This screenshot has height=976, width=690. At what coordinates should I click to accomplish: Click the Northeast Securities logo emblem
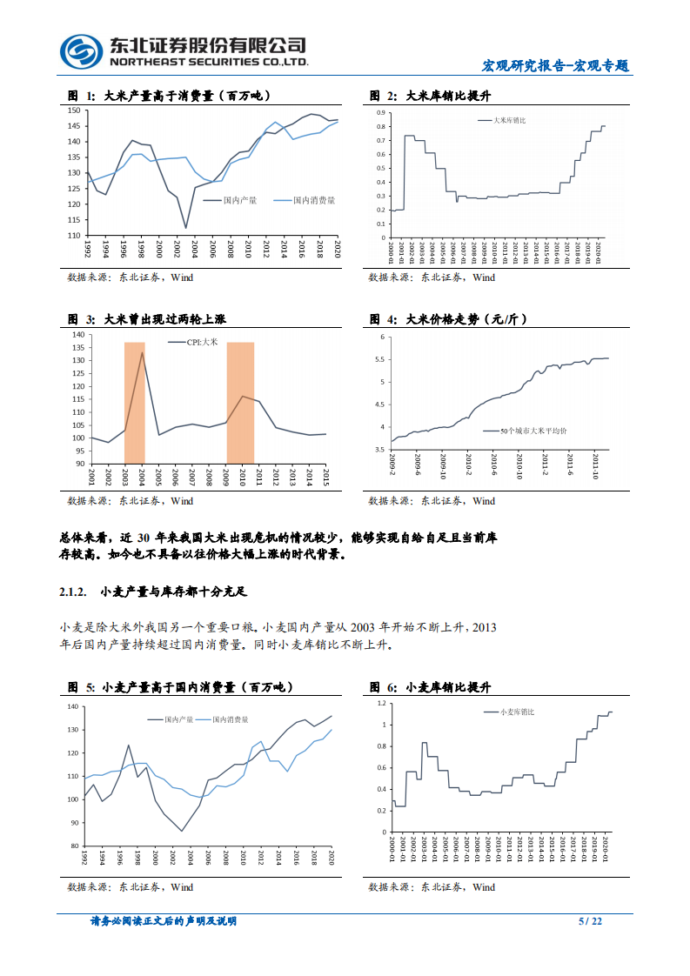(82, 51)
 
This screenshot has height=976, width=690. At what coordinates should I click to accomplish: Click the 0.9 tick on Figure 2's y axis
(379, 113)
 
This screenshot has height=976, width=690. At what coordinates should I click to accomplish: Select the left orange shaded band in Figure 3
(134, 402)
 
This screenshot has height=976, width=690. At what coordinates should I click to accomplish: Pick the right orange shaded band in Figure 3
(240, 402)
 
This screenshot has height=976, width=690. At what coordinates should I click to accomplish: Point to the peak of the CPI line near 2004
(143, 351)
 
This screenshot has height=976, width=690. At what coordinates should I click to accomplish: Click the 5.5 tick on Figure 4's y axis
(380, 359)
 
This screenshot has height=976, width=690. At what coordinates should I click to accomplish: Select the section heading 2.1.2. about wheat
(153, 592)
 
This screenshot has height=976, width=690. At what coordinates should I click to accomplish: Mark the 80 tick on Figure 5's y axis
(75, 846)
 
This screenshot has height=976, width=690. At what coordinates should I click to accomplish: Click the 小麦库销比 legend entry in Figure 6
(517, 712)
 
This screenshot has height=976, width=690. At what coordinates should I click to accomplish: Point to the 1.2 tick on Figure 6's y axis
(380, 701)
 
